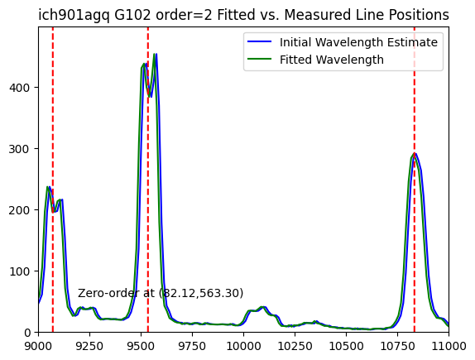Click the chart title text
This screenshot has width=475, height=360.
pyautogui.click(x=243, y=15)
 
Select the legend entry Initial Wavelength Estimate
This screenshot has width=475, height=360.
pyautogui.click(x=343, y=42)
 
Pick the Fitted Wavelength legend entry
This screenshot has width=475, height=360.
pyautogui.click(x=315, y=60)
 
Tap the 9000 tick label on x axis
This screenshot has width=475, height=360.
pyautogui.click(x=38, y=346)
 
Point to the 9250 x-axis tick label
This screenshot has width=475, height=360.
pyautogui.click(x=89, y=346)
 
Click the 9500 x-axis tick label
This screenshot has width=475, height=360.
pyautogui.click(x=141, y=346)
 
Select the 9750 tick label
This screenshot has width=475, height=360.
pyautogui.click(x=192, y=346)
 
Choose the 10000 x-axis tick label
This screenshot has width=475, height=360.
pyautogui.click(x=243, y=346)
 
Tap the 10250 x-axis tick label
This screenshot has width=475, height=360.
pyautogui.click(x=295, y=346)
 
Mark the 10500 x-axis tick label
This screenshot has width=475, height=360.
pyautogui.click(x=346, y=346)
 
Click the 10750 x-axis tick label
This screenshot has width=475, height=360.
pyautogui.click(x=397, y=346)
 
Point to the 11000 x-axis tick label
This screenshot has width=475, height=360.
pyautogui.click(x=449, y=346)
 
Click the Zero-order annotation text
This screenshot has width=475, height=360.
pyautogui.click(x=161, y=293)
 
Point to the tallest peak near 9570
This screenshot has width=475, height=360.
pyautogui.click(x=155, y=55)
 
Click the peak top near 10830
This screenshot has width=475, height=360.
pyautogui.click(x=415, y=154)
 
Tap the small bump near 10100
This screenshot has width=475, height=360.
pyautogui.click(x=263, y=307)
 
